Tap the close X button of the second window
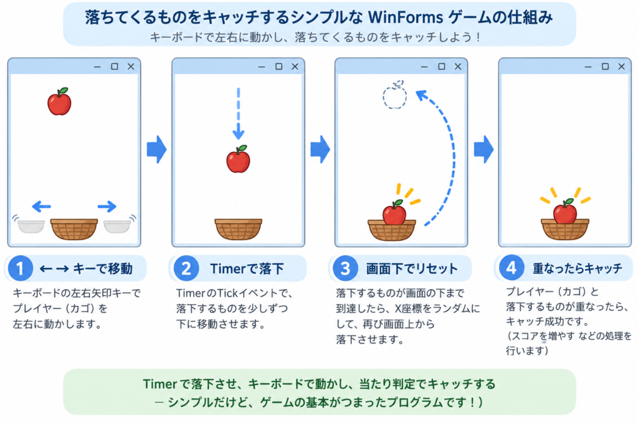[x=295, y=66]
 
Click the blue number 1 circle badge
[x=20, y=268]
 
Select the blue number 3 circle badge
[x=345, y=268]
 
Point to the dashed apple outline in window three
[x=394, y=95]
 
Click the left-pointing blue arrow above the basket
[x=42, y=207]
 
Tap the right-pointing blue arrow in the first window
[x=107, y=207]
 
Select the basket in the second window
[x=239, y=229]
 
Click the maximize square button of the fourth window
[x=605, y=66]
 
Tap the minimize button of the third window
[x=424, y=67]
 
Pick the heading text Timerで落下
[x=247, y=269]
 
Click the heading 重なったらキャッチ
[x=578, y=268]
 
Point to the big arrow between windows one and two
[x=156, y=149]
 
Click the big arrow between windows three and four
[x=483, y=149]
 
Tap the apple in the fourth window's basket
[x=565, y=212]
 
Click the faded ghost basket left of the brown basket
[x=31, y=225]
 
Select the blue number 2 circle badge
[x=186, y=268]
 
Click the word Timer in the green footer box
[x=160, y=384]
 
